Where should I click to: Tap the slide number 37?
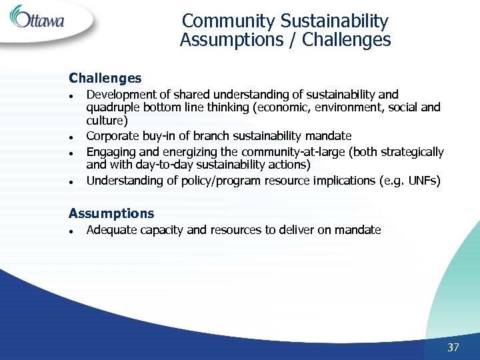(x=453, y=347)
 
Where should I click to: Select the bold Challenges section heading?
(x=105, y=79)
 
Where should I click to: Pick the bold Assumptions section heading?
(x=111, y=213)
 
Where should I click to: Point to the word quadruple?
(x=111, y=108)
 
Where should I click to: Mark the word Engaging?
(x=109, y=152)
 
